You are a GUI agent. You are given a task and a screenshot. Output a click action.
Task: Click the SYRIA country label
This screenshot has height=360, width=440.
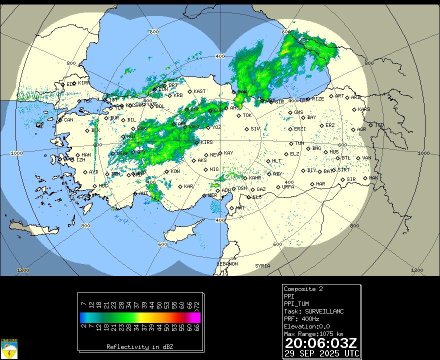click(262, 266)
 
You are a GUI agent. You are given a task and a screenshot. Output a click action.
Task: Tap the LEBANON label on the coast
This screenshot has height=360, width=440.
click(227, 263)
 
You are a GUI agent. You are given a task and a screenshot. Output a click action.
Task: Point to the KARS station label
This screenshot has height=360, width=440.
click(364, 109)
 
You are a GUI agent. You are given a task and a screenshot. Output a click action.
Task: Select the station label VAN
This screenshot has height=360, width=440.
click(366, 158)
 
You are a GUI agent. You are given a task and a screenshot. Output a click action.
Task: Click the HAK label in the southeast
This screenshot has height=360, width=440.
click(373, 178)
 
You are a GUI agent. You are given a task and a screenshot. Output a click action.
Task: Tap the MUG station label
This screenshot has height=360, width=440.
click(103, 186)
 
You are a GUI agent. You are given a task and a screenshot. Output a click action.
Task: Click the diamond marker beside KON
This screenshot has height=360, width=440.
click(167, 171)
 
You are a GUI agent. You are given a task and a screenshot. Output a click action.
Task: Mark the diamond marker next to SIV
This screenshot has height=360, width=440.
click(246, 129)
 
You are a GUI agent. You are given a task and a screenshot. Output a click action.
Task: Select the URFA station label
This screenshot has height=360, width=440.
click(288, 187)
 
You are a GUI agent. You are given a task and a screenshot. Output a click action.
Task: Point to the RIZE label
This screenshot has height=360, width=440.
click(318, 99)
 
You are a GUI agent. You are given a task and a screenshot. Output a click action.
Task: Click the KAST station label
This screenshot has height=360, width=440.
click(199, 91)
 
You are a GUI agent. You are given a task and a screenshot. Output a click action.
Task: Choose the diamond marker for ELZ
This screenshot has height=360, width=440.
click(286, 154)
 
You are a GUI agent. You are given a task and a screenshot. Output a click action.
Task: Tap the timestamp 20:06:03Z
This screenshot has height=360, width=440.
click(320, 343)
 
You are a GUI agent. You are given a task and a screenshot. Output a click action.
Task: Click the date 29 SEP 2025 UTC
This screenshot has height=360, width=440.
click(321, 353)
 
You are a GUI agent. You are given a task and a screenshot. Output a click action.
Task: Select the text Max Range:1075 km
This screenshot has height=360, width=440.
click(313, 334)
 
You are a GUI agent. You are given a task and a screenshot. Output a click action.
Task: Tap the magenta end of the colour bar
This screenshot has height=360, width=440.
click(196, 317)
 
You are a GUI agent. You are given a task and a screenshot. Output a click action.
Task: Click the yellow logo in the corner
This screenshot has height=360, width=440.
click(10, 348)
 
